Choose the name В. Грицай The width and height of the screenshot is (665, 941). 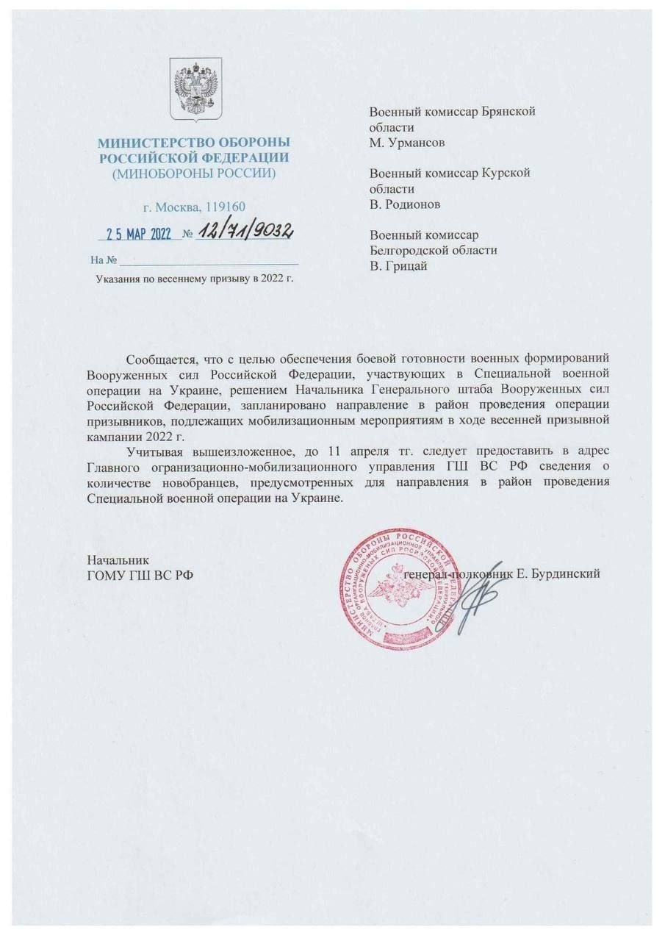(x=398, y=265)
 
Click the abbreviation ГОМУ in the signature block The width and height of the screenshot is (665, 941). (x=107, y=574)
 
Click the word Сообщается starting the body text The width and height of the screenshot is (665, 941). (x=161, y=359)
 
